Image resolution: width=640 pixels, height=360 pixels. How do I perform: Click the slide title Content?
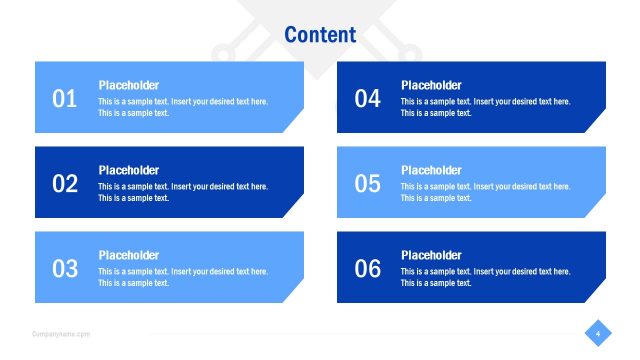click(320, 34)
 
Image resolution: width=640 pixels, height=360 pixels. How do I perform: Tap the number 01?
click(65, 98)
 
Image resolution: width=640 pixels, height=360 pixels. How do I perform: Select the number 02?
click(65, 183)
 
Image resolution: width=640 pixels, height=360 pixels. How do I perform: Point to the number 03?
click(65, 268)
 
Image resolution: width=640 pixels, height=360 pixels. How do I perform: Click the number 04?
click(368, 98)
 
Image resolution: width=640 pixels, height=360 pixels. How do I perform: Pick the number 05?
click(368, 183)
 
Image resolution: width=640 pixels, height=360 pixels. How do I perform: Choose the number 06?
click(368, 268)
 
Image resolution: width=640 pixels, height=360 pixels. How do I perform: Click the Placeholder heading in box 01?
click(128, 85)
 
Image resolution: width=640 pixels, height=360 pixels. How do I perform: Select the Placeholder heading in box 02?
click(128, 170)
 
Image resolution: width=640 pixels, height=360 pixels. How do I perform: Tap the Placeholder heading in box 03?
click(128, 255)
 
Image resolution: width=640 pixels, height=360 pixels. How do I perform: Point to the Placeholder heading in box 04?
click(431, 85)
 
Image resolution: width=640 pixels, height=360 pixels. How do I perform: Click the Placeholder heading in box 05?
click(431, 170)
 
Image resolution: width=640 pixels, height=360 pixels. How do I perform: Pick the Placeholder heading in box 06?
click(431, 255)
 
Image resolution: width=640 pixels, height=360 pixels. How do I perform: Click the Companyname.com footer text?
click(61, 334)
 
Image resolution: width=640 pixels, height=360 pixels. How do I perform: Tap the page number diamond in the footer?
click(597, 333)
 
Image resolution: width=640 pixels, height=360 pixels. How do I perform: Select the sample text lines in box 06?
click(486, 277)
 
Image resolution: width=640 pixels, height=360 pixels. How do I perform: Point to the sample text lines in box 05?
click(486, 192)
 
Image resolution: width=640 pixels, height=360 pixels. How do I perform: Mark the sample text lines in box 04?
click(486, 107)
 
